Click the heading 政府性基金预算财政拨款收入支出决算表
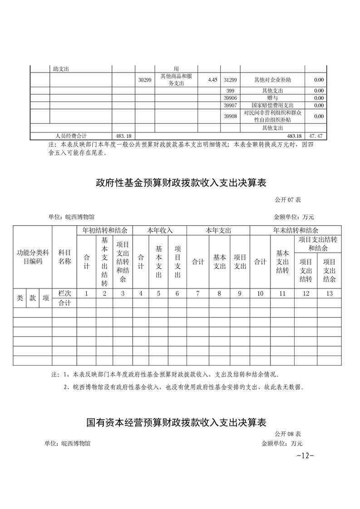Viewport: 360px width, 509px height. tap(180, 183)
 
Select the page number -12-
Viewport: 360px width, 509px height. tap(305, 455)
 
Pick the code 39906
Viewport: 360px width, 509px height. tap(230, 98)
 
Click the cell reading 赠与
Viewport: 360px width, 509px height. tap(272, 98)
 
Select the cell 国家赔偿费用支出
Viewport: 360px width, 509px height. tap(272, 105)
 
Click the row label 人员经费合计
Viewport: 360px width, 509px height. tap(71, 136)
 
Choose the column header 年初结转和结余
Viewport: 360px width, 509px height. tap(104, 230)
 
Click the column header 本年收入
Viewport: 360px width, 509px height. tap(159, 230)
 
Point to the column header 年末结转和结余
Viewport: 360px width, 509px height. tap(296, 230)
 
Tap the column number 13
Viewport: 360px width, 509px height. tap(330, 294)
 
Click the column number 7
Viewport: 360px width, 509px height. tap(197, 294)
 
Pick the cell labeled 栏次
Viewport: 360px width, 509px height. tap(64, 294)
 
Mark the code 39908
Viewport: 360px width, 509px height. tap(230, 116)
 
